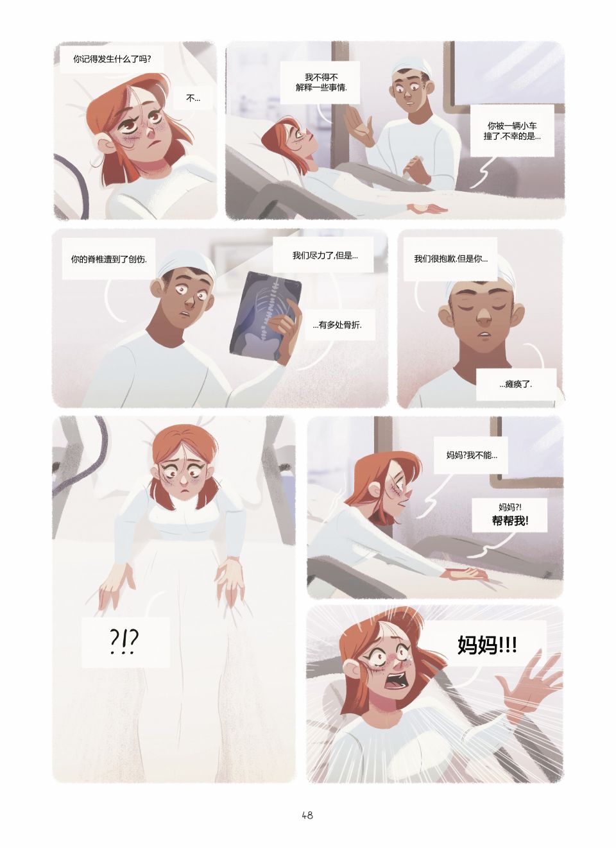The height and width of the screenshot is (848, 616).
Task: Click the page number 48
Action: pyautogui.click(x=307, y=815)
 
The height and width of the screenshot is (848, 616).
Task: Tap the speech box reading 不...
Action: pyautogui.click(x=193, y=98)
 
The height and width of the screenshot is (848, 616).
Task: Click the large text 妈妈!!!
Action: pyautogui.click(x=487, y=644)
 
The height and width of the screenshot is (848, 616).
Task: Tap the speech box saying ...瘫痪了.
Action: pyautogui.click(x=516, y=385)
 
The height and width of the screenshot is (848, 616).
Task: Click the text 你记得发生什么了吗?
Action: pyautogui.click(x=112, y=59)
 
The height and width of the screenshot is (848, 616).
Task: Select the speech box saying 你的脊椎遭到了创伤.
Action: pyautogui.click(x=109, y=259)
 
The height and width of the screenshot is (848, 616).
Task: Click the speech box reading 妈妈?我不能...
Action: pyautogui.click(x=471, y=455)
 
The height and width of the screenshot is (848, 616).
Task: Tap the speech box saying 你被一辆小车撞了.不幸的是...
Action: pyautogui.click(x=512, y=131)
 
